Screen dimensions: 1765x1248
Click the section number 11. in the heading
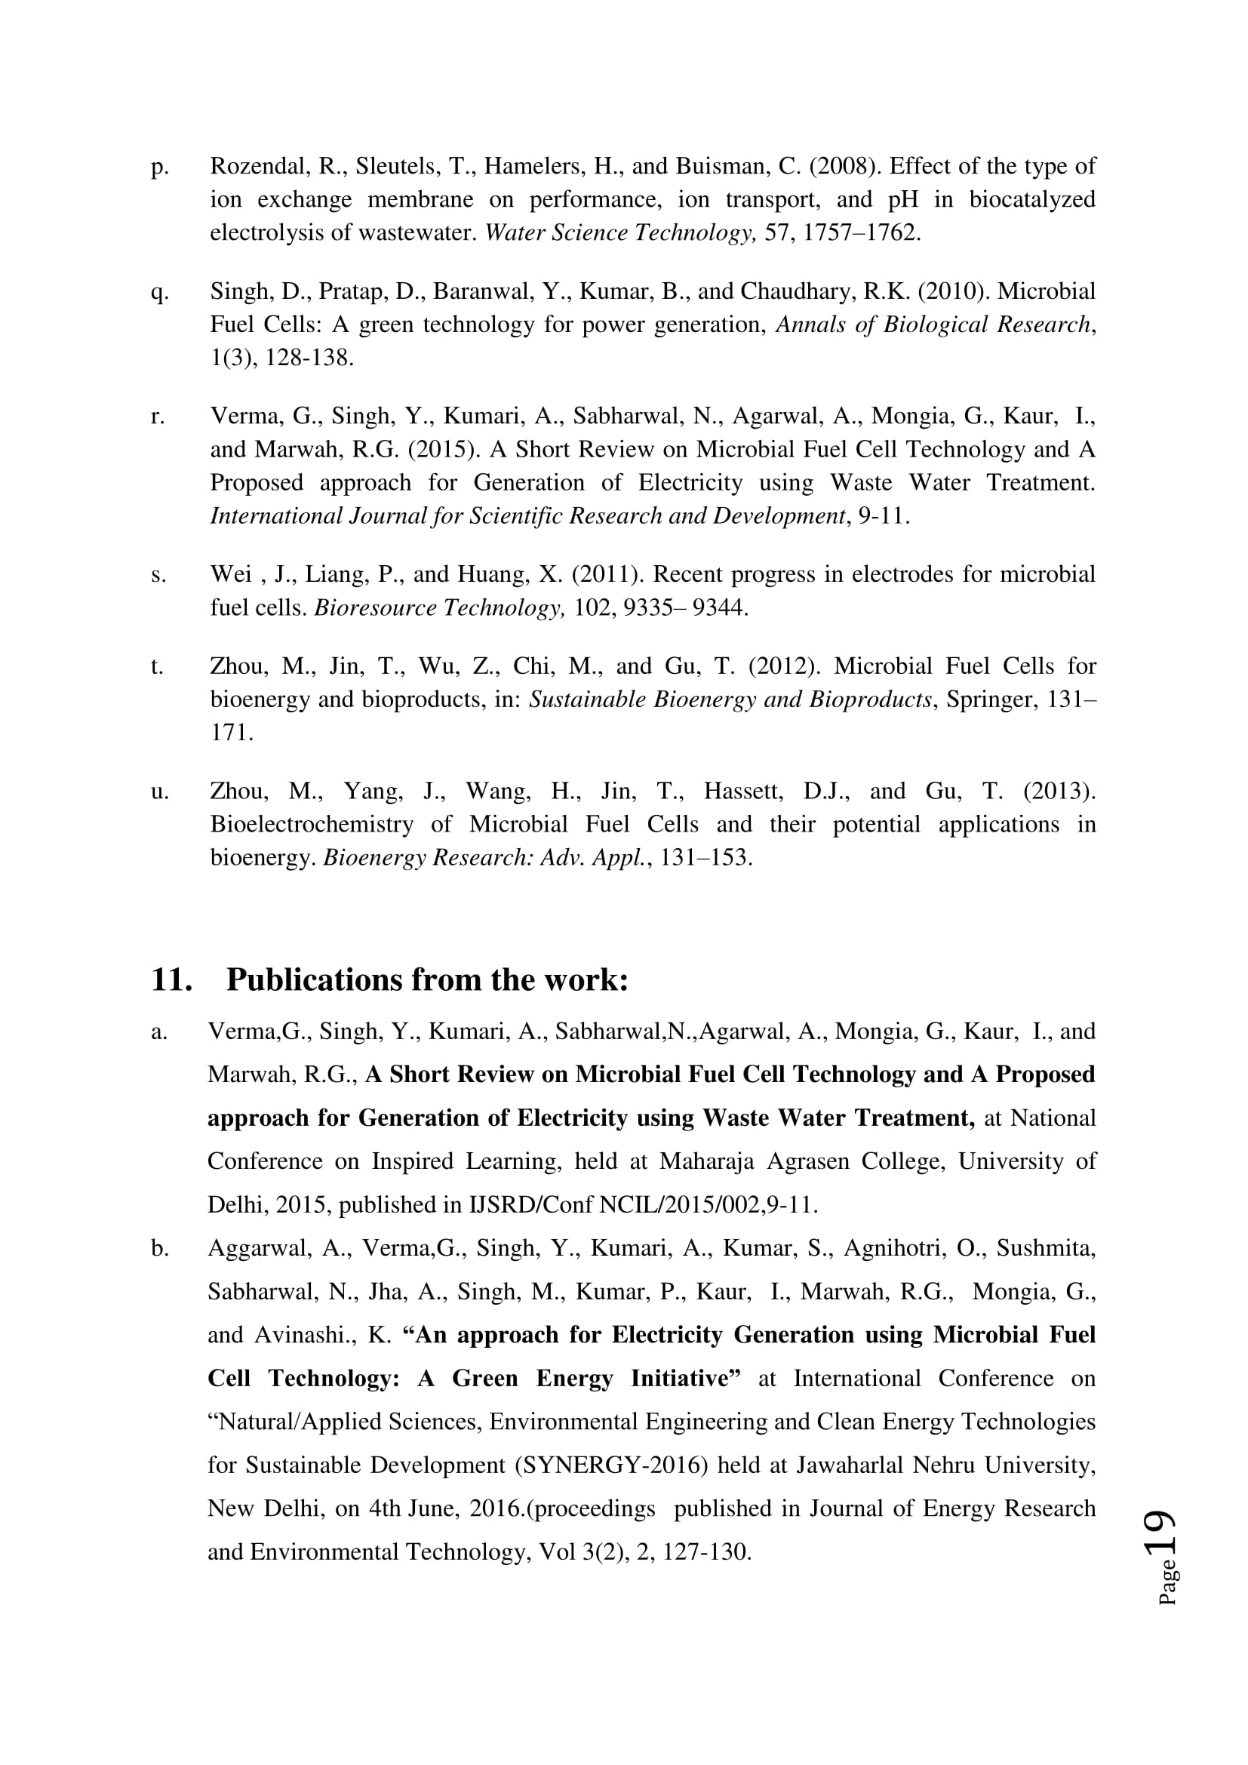click(x=171, y=979)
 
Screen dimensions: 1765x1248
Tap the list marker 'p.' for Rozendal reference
click(x=159, y=167)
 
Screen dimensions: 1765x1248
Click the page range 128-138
click(x=309, y=358)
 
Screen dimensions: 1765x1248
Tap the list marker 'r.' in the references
click(x=158, y=417)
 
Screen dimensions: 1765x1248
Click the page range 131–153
click(x=705, y=857)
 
